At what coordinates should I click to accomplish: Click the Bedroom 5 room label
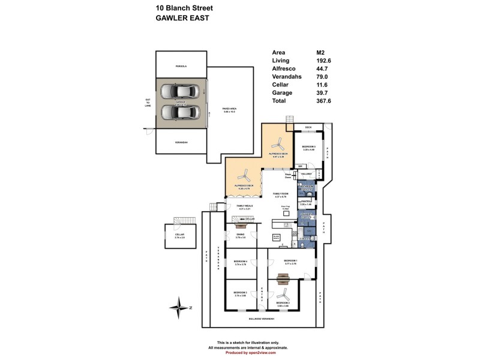(308, 146)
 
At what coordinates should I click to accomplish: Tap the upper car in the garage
(181, 91)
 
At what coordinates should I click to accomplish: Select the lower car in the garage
(181, 112)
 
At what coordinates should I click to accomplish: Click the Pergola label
(181, 65)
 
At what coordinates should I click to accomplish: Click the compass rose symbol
(179, 308)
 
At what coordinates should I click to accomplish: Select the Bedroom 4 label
(240, 262)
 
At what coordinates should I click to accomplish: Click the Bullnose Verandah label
(262, 319)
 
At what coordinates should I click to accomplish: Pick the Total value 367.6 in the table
(324, 101)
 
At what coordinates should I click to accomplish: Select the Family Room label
(281, 194)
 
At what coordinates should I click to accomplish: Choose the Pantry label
(305, 203)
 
